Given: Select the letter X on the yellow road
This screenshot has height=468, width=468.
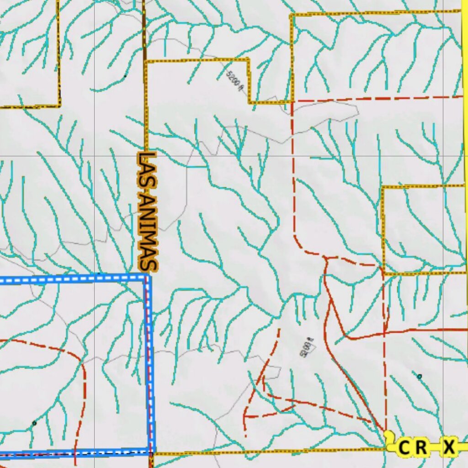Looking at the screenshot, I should coord(449,447).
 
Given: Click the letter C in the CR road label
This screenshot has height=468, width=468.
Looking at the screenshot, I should coord(404,447).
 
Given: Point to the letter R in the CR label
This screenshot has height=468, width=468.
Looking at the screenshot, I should coord(421,447).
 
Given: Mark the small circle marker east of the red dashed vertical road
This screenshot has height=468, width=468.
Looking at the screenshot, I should coord(420,377).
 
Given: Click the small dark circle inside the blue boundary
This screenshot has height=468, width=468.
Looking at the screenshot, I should coord(34,424).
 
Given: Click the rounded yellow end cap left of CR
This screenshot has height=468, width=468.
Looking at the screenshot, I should coord(389,442).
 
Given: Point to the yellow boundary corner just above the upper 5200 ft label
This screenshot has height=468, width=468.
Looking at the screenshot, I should coord(249,59).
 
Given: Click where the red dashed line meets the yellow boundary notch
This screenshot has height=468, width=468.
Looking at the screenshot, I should coord(292,101).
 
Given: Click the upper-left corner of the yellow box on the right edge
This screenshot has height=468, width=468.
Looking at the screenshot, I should coord(383,187).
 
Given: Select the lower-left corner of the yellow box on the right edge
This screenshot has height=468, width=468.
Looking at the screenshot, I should coord(384,273).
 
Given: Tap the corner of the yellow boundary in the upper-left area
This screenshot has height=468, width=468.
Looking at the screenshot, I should coord(59,106).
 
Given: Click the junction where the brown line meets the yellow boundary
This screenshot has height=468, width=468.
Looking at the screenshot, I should coord(145,60).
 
